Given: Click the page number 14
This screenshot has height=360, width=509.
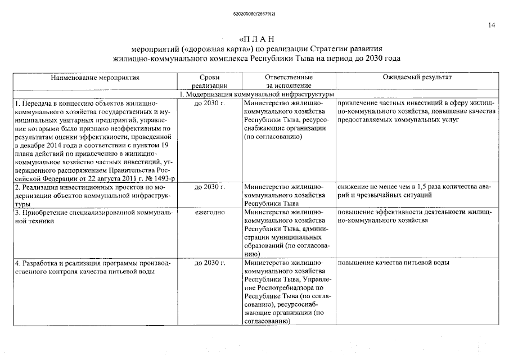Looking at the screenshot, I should [492, 25].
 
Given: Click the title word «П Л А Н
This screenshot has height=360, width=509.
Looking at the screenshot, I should [256, 39].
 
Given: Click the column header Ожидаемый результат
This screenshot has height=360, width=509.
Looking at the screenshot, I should [417, 77].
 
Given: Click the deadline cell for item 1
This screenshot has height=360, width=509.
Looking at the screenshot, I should [209, 104].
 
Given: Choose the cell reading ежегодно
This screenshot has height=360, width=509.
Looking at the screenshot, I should [209, 213].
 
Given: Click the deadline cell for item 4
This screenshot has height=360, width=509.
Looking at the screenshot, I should [209, 263].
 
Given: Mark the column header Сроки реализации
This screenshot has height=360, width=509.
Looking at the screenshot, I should [209, 81].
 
